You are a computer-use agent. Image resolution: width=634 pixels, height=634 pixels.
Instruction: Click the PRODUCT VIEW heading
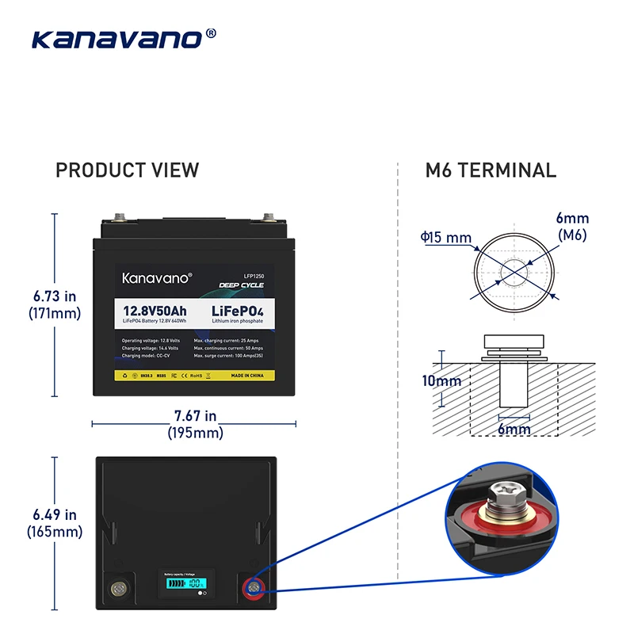point(127,170)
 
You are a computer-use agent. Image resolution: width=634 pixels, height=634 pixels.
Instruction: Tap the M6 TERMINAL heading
point(491,170)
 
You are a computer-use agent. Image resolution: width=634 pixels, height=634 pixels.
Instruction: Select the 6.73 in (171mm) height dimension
point(55,304)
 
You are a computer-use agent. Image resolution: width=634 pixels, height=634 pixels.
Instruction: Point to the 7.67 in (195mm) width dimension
point(195,424)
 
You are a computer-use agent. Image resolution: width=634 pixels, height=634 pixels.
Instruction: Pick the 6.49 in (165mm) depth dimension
point(55,523)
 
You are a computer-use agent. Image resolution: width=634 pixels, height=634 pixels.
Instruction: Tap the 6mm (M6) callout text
point(572,227)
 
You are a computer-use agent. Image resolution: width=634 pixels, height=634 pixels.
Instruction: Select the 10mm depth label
point(441,381)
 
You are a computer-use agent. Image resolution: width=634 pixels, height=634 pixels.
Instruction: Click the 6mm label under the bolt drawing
point(514,429)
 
